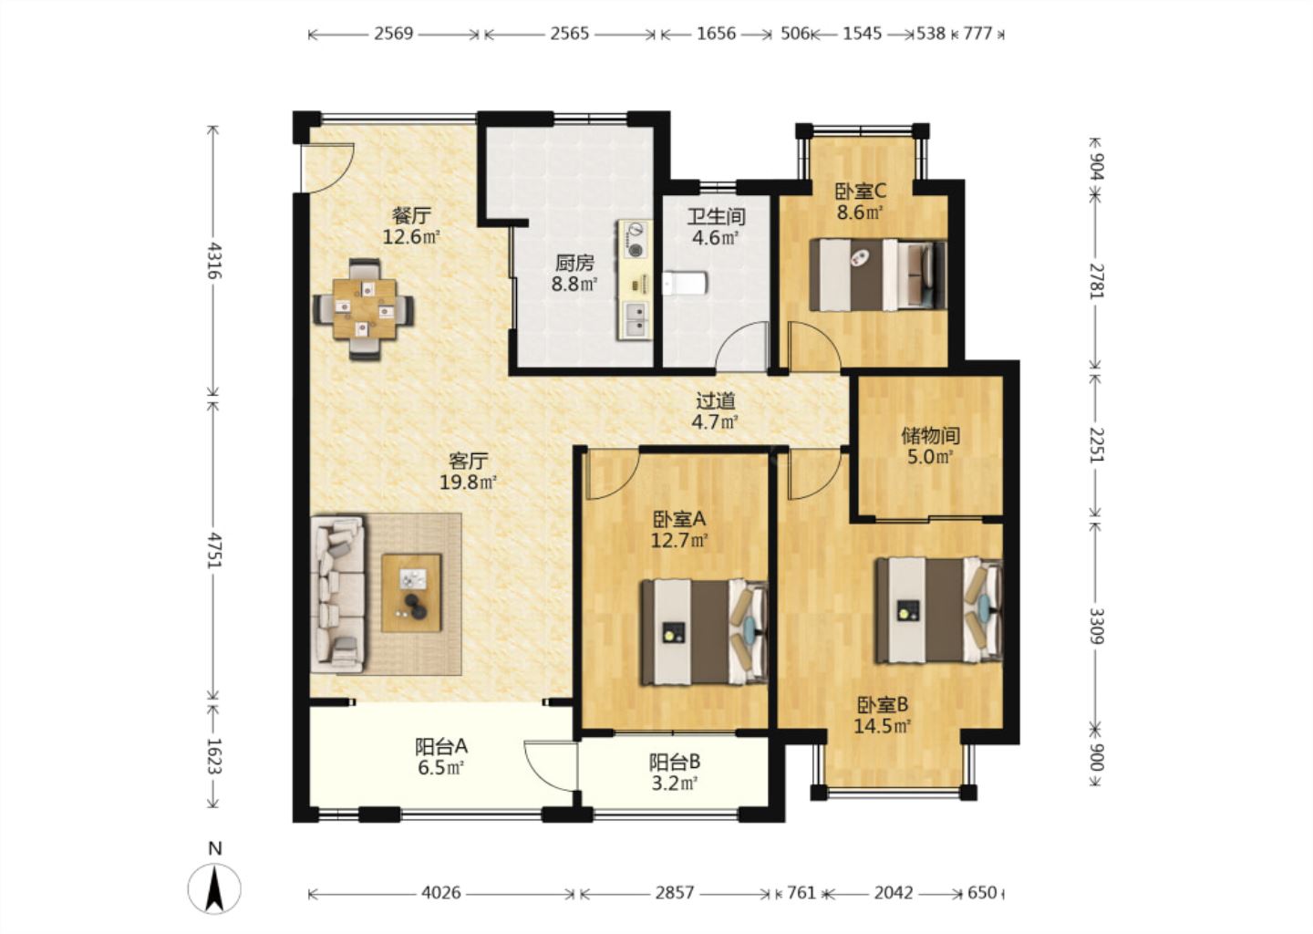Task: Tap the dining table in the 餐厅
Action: pyautogui.click(x=364, y=309)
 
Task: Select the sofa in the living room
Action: pyautogui.click(x=338, y=594)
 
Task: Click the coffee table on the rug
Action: pyautogui.click(x=411, y=593)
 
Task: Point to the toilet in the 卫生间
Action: pyautogui.click(x=686, y=283)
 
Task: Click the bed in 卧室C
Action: pyautogui.click(x=877, y=275)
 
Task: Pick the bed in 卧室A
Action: pyautogui.click(x=704, y=632)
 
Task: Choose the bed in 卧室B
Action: pyautogui.click(x=939, y=610)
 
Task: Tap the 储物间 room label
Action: pyautogui.click(x=931, y=436)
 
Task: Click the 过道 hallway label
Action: pyautogui.click(x=716, y=401)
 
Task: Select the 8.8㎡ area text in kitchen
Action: pyautogui.click(x=574, y=285)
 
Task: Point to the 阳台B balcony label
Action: pyautogui.click(x=675, y=763)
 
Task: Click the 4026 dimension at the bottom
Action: pyautogui.click(x=441, y=893)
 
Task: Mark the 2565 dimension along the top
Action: pyautogui.click(x=569, y=34)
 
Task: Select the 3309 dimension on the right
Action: pyautogui.click(x=1096, y=626)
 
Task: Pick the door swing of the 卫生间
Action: pyautogui.click(x=741, y=346)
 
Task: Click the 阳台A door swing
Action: pyautogui.click(x=548, y=767)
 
